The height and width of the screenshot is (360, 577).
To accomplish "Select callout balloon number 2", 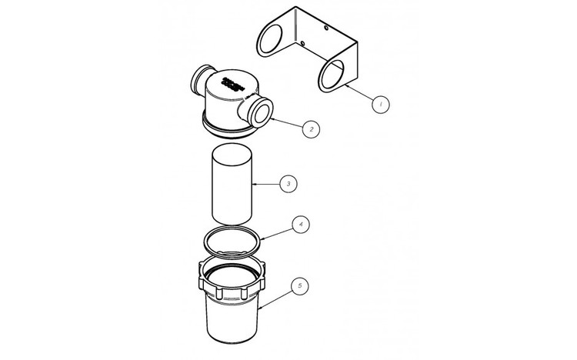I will [309, 129].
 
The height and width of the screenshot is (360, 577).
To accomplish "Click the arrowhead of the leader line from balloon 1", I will [345, 87].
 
